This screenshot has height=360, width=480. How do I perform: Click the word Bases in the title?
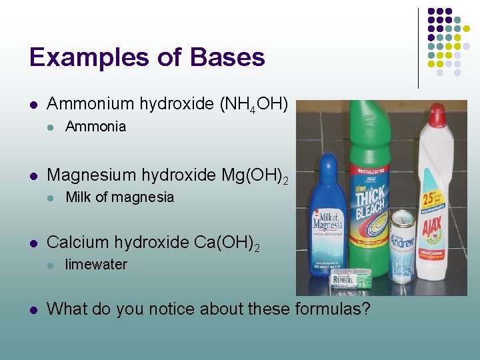point(227,57)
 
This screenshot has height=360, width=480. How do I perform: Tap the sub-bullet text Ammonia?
point(95,127)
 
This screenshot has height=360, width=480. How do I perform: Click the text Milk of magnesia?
point(119,197)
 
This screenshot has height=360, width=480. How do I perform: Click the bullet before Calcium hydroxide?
point(33,243)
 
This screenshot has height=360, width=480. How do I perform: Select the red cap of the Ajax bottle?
point(437,115)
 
